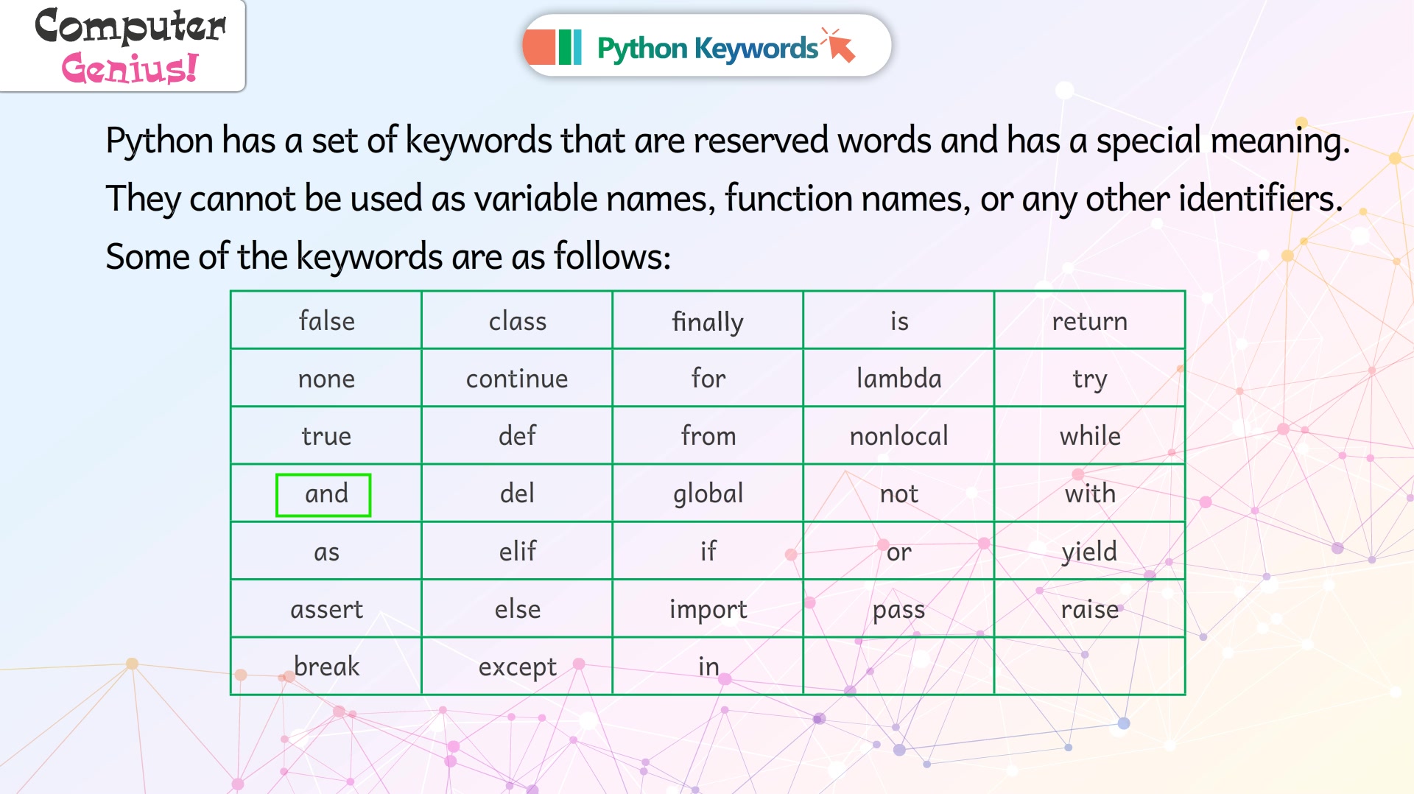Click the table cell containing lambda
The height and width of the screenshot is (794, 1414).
click(898, 378)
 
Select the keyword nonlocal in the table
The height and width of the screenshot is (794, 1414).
click(898, 436)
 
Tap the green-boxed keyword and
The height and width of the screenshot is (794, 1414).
click(326, 493)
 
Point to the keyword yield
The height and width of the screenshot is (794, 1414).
click(1089, 552)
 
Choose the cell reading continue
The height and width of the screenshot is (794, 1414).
click(517, 378)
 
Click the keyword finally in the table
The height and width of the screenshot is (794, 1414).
click(708, 322)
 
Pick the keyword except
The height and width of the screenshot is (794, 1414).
click(517, 667)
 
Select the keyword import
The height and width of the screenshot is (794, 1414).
click(708, 610)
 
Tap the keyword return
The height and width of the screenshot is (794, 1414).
click(1089, 321)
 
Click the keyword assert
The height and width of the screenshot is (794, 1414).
click(326, 610)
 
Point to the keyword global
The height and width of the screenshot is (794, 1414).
click(708, 494)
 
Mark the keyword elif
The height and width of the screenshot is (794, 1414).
click(517, 551)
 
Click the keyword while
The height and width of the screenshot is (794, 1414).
click(1090, 436)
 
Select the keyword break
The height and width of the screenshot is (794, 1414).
click(326, 666)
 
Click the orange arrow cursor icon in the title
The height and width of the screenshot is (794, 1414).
click(840, 46)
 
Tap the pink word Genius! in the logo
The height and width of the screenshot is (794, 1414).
click(130, 68)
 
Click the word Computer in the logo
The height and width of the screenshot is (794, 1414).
click(130, 27)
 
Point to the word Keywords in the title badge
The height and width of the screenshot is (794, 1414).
click(756, 49)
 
